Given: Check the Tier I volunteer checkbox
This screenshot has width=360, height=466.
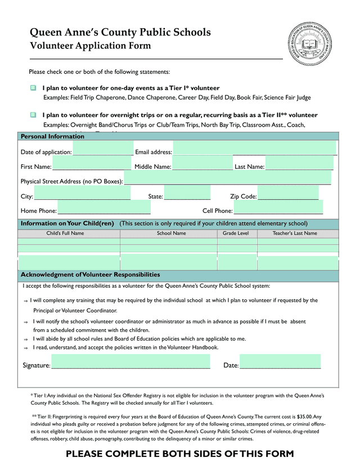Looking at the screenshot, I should pyautogui.click(x=33, y=88).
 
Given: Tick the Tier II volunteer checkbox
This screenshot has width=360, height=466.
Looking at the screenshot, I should pyautogui.click(x=33, y=115).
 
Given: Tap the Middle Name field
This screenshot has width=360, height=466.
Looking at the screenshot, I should pyautogui.click(x=202, y=165).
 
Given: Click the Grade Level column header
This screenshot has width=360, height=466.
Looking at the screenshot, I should pyautogui.click(x=236, y=233).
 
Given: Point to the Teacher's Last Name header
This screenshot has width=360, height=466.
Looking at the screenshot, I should pyautogui.click(x=295, y=233).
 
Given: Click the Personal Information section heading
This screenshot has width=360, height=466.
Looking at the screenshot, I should pyautogui.click(x=52, y=137).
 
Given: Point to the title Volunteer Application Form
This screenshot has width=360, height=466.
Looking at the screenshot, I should pyautogui.click(x=90, y=46).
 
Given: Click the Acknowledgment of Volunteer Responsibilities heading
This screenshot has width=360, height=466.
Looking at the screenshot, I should pyautogui.click(x=91, y=275).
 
